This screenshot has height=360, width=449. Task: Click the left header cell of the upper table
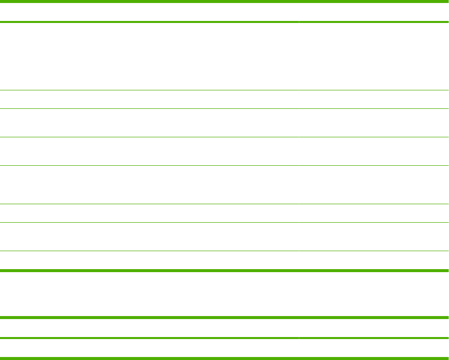pos(149,12)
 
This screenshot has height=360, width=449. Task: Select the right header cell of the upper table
pos(374,12)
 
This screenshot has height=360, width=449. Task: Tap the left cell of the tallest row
pos(149,56)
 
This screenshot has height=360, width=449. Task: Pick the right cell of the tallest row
pos(374,56)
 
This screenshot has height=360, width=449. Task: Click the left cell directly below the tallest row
pos(149,99)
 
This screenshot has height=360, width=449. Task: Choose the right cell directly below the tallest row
pos(374,99)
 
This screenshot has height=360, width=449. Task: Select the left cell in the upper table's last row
pos(149,260)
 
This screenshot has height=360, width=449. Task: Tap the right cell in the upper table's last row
pos(374,260)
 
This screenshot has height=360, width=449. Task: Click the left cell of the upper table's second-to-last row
pos(149,237)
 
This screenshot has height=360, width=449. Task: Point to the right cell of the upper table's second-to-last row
pos(374,237)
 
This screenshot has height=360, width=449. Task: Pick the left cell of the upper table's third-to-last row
pos(149,213)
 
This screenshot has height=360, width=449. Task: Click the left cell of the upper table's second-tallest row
pos(149,185)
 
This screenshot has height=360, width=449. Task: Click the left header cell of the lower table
pos(149,328)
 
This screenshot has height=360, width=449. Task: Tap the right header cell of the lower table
pos(374,328)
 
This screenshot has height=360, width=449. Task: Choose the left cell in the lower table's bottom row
pos(149,348)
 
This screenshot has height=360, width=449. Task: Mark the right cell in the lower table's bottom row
pos(374,348)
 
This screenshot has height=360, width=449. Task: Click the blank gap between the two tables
pos(224,294)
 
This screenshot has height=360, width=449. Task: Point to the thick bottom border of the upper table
pos(224,271)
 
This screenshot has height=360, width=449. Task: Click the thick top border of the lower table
pos(224,318)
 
